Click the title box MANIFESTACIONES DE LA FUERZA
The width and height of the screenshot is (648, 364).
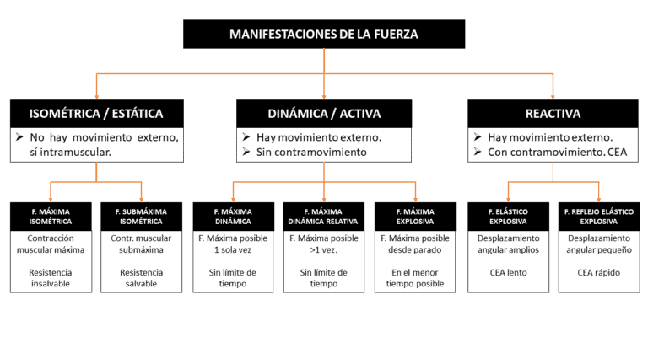pyautogui.click(x=324, y=35)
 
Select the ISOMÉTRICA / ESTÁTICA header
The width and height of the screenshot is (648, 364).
pyautogui.click(x=96, y=114)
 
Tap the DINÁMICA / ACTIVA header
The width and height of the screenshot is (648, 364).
pyautogui.click(x=324, y=114)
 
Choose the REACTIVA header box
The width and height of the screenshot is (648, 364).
pyautogui.click(x=553, y=114)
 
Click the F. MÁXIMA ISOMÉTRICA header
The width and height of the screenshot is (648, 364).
pyautogui.click(x=51, y=217)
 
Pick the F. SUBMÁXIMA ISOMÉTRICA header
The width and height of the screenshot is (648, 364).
pyautogui.click(x=142, y=217)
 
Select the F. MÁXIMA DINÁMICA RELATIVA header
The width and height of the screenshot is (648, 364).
pyautogui.click(x=324, y=217)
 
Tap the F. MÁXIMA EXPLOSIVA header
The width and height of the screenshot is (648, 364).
pyautogui.click(x=415, y=217)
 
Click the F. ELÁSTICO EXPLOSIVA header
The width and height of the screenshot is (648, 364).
pyautogui.click(x=508, y=217)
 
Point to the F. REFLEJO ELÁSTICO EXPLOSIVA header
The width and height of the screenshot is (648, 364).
pyautogui.click(x=598, y=217)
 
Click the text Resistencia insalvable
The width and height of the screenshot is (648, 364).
pyautogui.click(x=51, y=278)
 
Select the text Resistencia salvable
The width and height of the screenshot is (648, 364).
pyautogui.click(x=142, y=278)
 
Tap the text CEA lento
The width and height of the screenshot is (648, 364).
pyautogui.click(x=508, y=272)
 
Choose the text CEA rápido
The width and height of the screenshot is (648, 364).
pyautogui.click(x=598, y=272)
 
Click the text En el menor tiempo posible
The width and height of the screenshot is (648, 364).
pyautogui.click(x=415, y=278)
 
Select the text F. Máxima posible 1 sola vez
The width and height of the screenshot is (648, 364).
pyautogui.click(x=233, y=244)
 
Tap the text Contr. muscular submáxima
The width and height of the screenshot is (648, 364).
pyautogui.click(x=142, y=244)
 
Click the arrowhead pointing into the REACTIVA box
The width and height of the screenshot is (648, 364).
pyautogui.click(x=553, y=96)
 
